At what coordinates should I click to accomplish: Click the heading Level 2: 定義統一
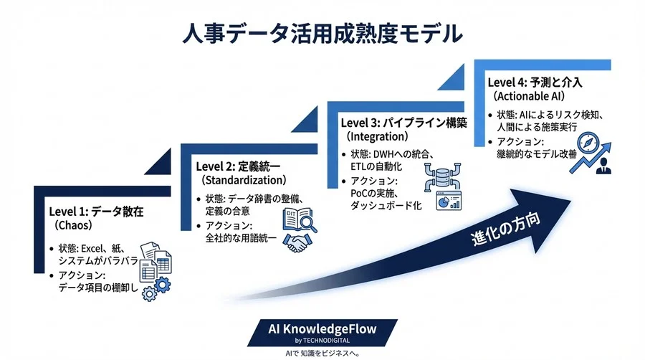point(239,166)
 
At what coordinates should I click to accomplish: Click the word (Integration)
point(377,136)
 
